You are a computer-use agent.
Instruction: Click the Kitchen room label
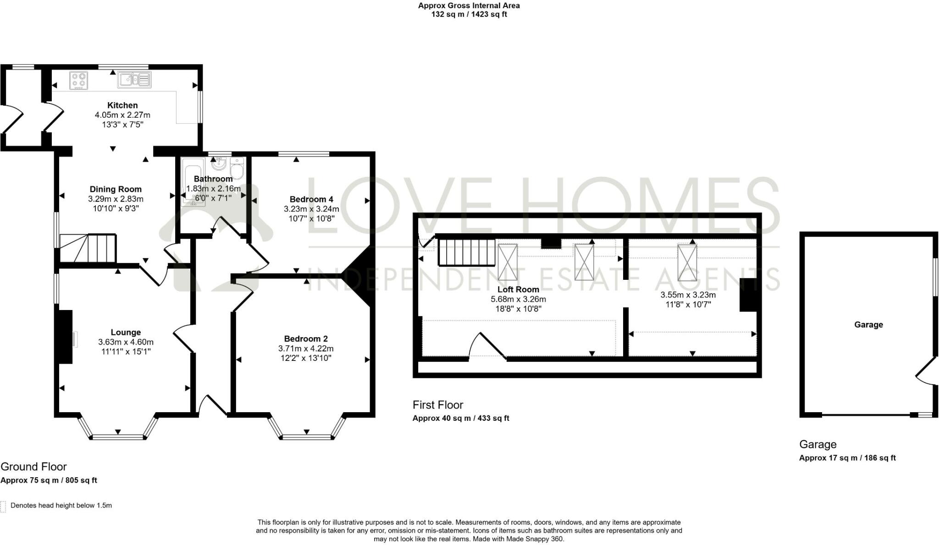point(122,105)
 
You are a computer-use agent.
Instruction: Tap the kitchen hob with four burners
point(78,81)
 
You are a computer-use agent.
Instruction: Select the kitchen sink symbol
point(134,80)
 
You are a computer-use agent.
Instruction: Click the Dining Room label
point(116,189)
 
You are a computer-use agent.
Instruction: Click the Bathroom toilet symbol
point(237,169)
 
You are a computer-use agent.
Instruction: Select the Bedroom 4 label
point(311,199)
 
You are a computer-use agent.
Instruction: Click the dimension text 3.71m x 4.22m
point(306,349)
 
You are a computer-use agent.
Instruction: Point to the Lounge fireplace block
point(65,337)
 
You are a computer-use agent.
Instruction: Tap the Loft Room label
point(518,289)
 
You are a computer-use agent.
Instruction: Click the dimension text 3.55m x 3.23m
point(688,295)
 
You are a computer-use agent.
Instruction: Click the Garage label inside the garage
point(868,325)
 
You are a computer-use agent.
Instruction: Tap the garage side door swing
point(925,372)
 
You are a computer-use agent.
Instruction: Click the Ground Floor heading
point(33,467)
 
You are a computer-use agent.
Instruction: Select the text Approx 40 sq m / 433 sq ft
point(461,418)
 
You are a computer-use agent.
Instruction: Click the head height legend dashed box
point(3,506)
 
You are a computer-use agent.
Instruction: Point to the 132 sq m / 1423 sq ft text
point(469,14)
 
